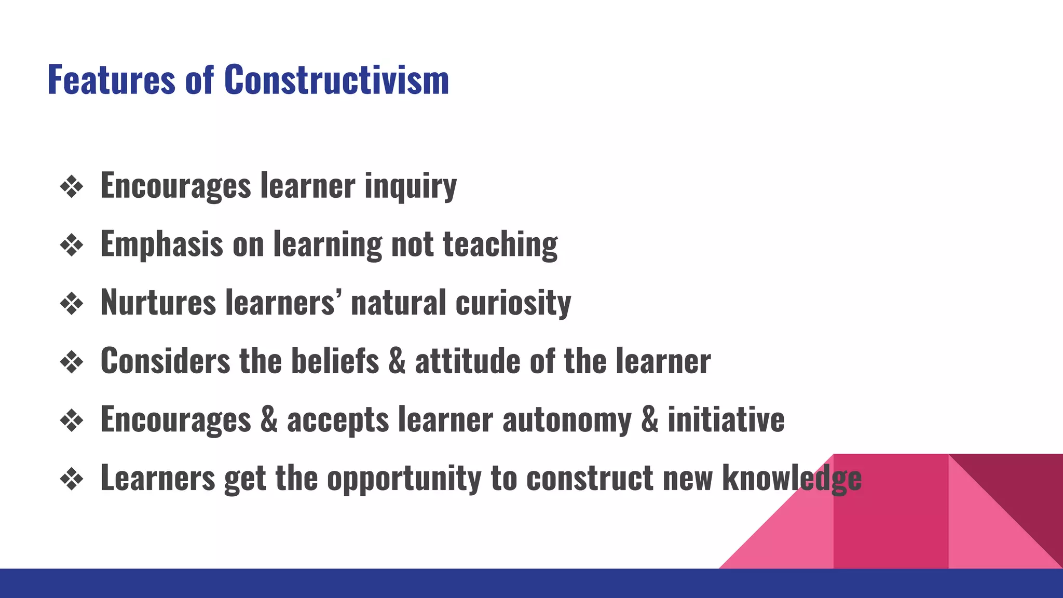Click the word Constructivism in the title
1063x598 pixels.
tap(336, 80)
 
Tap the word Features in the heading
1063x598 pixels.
tap(112, 80)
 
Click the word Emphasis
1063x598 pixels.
tap(161, 244)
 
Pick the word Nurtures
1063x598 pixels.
tap(158, 302)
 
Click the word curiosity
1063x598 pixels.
tap(513, 302)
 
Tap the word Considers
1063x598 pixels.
tap(165, 361)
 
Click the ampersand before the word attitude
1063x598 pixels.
tap(397, 361)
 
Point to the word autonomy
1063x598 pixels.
tap(567, 419)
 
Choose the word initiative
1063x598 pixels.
tap(726, 419)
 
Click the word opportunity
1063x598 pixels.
tap(404, 478)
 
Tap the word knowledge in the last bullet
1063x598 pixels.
tap(792, 478)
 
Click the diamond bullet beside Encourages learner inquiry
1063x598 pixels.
tap(72, 187)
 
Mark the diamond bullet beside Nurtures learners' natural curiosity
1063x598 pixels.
tap(72, 304)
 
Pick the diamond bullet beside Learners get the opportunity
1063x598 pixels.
tap(72, 479)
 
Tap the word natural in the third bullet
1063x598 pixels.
tap(398, 302)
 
